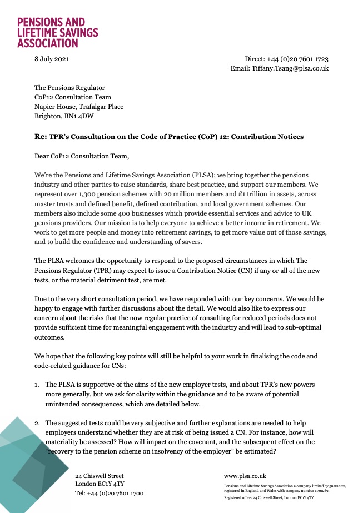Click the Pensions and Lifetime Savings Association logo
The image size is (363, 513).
[58, 32]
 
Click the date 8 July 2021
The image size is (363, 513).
[52, 59]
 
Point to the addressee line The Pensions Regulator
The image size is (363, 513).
[69, 88]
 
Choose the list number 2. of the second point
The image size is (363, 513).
[37, 423]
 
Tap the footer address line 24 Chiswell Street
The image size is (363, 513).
[100, 476]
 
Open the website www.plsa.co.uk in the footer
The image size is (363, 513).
[245, 476]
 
